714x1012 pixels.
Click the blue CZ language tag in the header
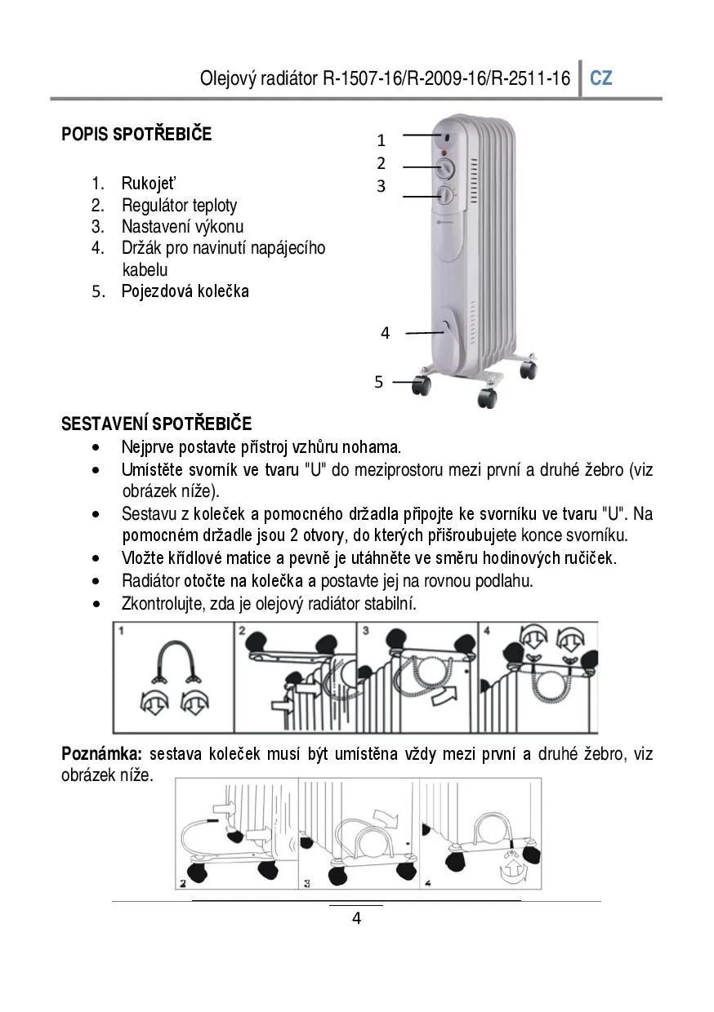(601, 78)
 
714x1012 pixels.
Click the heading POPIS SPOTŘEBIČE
(136, 135)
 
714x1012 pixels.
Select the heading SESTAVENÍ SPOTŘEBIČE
(157, 424)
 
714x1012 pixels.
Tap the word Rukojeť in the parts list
(149, 184)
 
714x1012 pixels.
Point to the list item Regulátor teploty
(179, 206)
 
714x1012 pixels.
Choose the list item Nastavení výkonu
(182, 227)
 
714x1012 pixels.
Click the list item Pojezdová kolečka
(185, 291)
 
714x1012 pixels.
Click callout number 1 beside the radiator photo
(381, 140)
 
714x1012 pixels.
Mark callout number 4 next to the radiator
(385, 333)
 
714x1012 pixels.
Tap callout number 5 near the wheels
(378, 382)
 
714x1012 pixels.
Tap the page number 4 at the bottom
(356, 919)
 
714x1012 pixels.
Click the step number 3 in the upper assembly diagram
(366, 631)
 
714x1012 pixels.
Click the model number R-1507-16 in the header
(359, 78)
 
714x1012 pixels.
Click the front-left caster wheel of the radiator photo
(422, 384)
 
